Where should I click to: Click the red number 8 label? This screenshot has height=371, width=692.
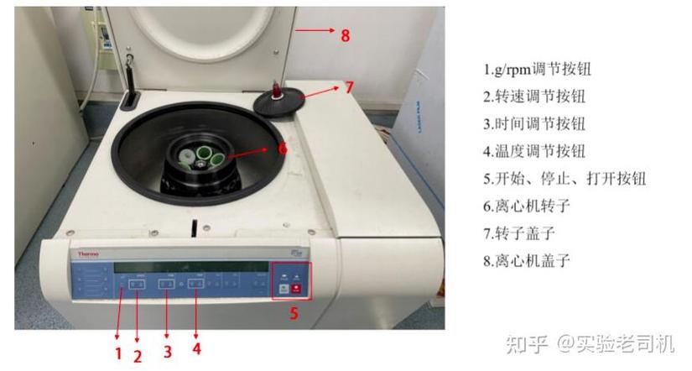345,35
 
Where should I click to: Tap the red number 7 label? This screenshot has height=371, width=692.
350,86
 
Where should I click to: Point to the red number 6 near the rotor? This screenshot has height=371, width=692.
283,148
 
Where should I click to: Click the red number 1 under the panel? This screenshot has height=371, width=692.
118,353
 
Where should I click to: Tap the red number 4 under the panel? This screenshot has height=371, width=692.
196,348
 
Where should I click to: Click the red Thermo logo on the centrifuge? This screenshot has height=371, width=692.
89,253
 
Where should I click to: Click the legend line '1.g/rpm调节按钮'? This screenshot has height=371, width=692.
543,69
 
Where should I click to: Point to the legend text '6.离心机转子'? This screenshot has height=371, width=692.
527,206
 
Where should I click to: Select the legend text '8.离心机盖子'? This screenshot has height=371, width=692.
527,260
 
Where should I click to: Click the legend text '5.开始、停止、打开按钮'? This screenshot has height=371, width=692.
565,179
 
